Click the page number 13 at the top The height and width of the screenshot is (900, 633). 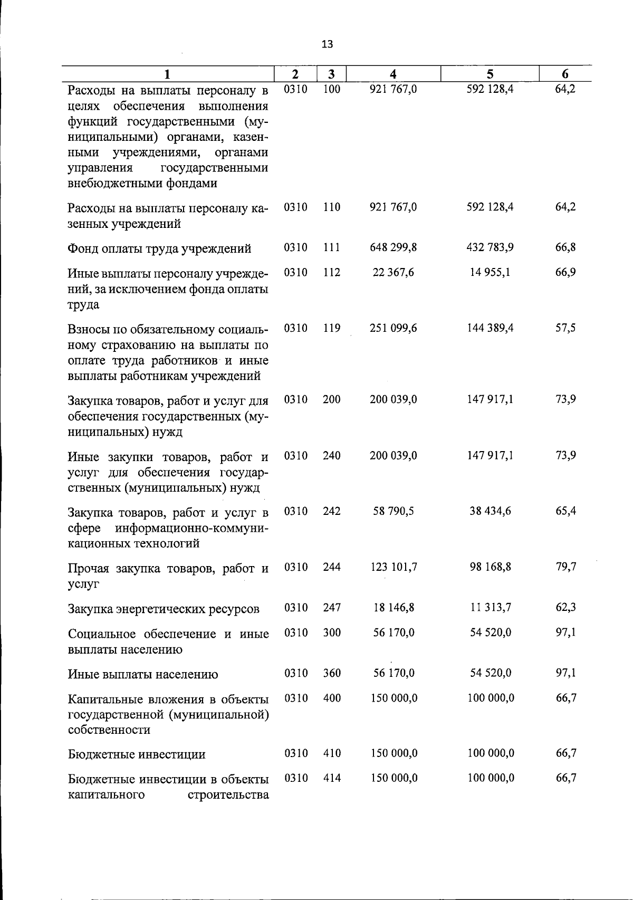(x=327, y=44)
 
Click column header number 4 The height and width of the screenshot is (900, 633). (x=393, y=74)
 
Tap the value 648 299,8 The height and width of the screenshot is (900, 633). (x=394, y=247)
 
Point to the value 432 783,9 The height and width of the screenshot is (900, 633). (x=491, y=247)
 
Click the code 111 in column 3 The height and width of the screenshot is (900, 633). (x=332, y=247)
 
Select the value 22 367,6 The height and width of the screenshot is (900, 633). (x=394, y=272)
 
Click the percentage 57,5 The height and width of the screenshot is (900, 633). (x=565, y=328)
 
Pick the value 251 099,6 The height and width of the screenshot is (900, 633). (x=394, y=328)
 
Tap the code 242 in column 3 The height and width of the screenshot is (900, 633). (x=332, y=511)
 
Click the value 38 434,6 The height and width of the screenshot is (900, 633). (x=491, y=511)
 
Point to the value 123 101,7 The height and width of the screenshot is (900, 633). (x=394, y=567)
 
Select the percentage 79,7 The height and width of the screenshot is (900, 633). (x=565, y=567)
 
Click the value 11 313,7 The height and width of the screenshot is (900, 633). (x=491, y=608)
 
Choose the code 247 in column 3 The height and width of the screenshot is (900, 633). (x=332, y=608)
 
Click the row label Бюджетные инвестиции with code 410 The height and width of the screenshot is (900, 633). (x=137, y=754)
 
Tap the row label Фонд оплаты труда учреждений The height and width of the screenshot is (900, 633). (x=159, y=248)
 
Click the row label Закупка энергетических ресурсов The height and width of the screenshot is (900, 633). (x=164, y=609)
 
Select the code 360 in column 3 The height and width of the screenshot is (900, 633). (x=332, y=673)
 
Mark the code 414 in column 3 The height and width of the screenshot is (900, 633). (x=332, y=778)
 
